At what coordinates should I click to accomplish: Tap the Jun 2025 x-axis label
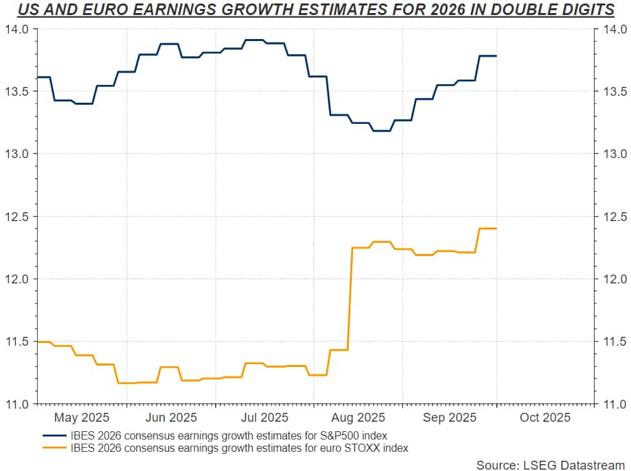[x=172, y=417]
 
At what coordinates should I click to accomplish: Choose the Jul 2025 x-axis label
[x=264, y=417]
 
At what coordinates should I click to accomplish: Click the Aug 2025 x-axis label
[x=357, y=417]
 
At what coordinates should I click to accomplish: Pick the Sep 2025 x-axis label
[x=450, y=417]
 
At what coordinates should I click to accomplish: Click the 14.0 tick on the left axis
[x=18, y=29]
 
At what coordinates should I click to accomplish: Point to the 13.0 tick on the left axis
[x=18, y=154]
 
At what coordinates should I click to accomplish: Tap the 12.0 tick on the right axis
[x=611, y=279]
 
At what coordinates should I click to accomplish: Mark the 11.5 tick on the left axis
[x=18, y=341]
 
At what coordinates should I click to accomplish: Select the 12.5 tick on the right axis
[x=611, y=216]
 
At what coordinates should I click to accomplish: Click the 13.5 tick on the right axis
[x=611, y=92]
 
